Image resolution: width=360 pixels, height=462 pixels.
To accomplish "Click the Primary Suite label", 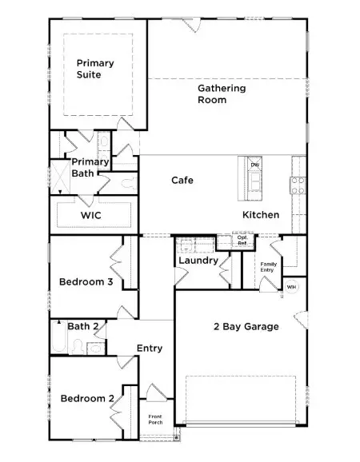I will click(95, 69).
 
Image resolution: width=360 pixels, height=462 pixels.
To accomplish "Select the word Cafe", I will click(182, 181).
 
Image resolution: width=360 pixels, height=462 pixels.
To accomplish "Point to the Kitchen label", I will click(261, 215).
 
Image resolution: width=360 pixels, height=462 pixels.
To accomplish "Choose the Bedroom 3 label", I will click(86, 281).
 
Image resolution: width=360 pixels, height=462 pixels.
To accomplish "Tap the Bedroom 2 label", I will click(84, 399).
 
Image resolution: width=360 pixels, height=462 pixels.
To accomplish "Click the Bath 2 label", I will click(83, 326).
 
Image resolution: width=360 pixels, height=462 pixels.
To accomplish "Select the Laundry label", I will click(198, 261).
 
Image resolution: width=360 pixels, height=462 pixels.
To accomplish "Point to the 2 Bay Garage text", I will click(246, 327).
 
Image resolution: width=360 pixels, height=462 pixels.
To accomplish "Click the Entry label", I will click(150, 348).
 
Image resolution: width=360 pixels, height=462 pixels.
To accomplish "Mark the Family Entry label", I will click(267, 267).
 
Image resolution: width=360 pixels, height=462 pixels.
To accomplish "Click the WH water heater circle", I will click(291, 287).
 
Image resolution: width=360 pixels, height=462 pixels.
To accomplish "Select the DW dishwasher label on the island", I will click(254, 165).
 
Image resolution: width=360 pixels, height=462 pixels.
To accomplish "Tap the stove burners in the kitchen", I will click(298, 185).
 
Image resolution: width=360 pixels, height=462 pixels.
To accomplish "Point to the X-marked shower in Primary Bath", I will click(61, 177).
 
